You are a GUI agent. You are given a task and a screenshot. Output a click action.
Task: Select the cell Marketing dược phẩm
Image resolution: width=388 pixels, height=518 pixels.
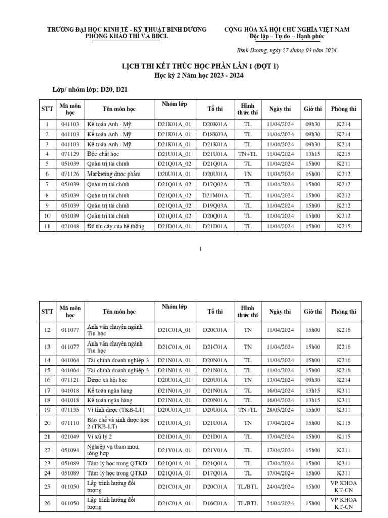tap(113, 174)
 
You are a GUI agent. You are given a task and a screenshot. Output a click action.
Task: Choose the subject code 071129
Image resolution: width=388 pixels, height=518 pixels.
tap(70, 154)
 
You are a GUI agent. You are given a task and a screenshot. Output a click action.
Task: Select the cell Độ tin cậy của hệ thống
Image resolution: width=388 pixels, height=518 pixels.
tap(116, 226)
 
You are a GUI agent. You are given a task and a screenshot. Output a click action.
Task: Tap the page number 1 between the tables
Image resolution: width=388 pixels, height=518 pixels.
tap(201, 249)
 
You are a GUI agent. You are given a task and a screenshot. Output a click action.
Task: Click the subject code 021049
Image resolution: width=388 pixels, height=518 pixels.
tap(70, 436)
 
